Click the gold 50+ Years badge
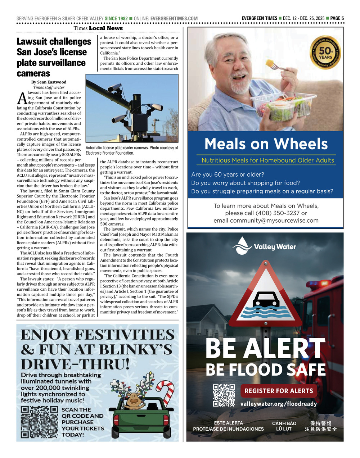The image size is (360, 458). coord(325,54)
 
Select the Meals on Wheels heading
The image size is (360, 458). coord(266,144)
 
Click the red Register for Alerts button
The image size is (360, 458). coord(279,391)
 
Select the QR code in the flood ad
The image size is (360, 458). coord(224,395)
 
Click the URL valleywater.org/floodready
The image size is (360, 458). coord(278,404)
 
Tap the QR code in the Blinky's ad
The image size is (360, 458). coord(39,422)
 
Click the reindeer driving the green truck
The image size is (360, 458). coord(133,400)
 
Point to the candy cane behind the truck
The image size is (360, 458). coord(166,392)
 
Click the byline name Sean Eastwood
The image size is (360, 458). coord(52,82)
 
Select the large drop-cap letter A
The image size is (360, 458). coord(22,99)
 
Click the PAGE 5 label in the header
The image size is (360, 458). coord(337,18)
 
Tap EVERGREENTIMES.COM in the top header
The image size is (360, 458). coord(174,18)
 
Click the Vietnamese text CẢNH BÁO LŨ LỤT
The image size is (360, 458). coord(284,426)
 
